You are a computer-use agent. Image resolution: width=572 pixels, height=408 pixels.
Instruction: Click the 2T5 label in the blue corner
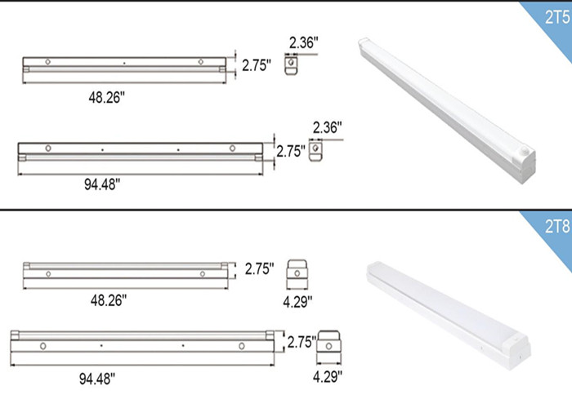[557, 17]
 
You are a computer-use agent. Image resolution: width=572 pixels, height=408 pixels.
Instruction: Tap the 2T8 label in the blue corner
[557, 227]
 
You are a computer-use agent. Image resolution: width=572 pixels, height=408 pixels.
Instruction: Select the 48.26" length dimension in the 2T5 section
[107, 97]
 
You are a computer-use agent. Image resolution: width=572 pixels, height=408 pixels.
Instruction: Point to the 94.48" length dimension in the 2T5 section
[102, 184]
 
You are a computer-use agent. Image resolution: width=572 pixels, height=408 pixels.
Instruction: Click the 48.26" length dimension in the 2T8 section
[109, 300]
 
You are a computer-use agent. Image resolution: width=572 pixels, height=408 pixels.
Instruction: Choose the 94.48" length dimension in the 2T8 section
[97, 379]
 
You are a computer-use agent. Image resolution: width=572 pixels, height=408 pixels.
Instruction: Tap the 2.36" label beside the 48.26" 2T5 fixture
[304, 42]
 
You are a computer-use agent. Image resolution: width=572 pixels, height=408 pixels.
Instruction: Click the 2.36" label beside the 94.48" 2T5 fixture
[327, 127]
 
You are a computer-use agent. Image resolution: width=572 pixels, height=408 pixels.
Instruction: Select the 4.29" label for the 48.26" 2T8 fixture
[297, 302]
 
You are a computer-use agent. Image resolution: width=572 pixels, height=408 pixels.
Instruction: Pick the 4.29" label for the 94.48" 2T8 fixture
[328, 376]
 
